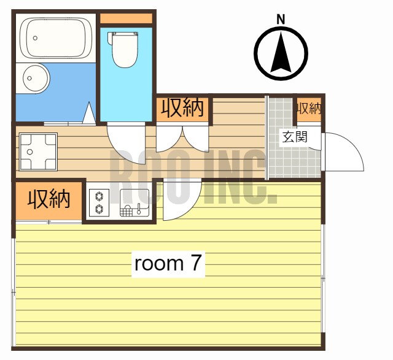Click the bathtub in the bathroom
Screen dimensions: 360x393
(56, 39)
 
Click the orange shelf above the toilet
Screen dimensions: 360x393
(126, 18)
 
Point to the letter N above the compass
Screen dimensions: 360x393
(281, 18)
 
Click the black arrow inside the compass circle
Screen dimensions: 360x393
(281, 53)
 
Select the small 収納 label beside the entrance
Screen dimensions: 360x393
(309, 109)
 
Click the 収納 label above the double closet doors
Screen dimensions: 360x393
(182, 109)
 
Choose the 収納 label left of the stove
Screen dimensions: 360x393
(49, 199)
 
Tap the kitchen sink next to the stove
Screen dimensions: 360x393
(133, 203)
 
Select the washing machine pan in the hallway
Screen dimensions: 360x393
(37, 151)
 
